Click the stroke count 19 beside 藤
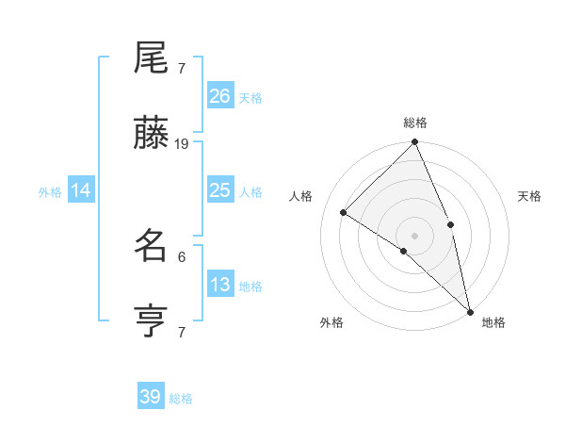[x=182, y=144]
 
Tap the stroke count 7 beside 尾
[x=182, y=69]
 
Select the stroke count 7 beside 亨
[x=182, y=332]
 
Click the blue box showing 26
[x=219, y=96]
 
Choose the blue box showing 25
[x=219, y=190]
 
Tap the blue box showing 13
[x=219, y=285]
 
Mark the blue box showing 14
[x=81, y=190]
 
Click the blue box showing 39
[x=151, y=397]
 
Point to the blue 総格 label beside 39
[x=181, y=399]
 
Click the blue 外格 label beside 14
[x=50, y=192]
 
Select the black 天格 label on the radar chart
[x=529, y=196]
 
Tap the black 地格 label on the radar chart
[x=493, y=322]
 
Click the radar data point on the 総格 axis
[x=414, y=143]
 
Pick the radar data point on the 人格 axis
[x=344, y=212]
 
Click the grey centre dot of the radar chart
[x=414, y=235]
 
